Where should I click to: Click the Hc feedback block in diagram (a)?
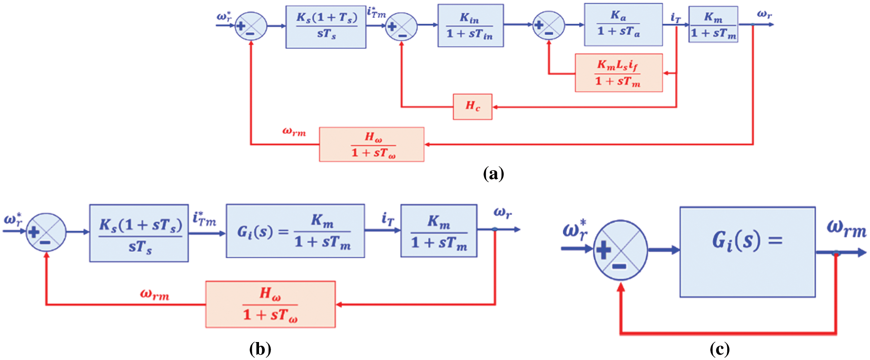473,107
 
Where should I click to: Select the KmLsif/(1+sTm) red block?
619,73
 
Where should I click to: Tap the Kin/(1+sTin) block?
470,26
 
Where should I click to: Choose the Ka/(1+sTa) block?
623,25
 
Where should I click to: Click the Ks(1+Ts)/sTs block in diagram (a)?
326,27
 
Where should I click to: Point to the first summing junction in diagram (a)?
251,26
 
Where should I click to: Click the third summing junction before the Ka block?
549,26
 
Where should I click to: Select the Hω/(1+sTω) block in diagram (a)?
372,144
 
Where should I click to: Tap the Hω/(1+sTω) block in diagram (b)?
270,304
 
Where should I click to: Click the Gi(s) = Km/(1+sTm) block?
295,231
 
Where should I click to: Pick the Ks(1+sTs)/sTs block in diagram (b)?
139,233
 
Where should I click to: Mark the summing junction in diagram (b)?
46,232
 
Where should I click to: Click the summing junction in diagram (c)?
620,250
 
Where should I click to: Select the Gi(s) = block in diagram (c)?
747,252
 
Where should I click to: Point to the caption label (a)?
493,173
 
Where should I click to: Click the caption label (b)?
260,349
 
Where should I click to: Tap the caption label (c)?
720,349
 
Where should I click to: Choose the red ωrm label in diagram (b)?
154,294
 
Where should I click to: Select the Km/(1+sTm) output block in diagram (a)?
713,24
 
